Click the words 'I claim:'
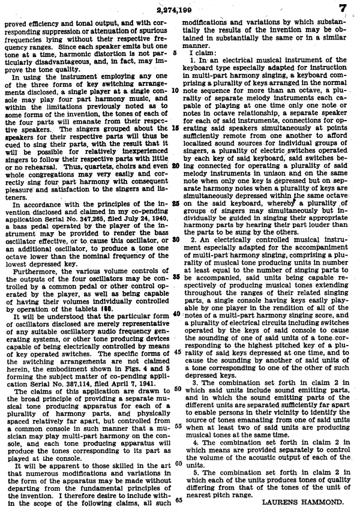[200, 53]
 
